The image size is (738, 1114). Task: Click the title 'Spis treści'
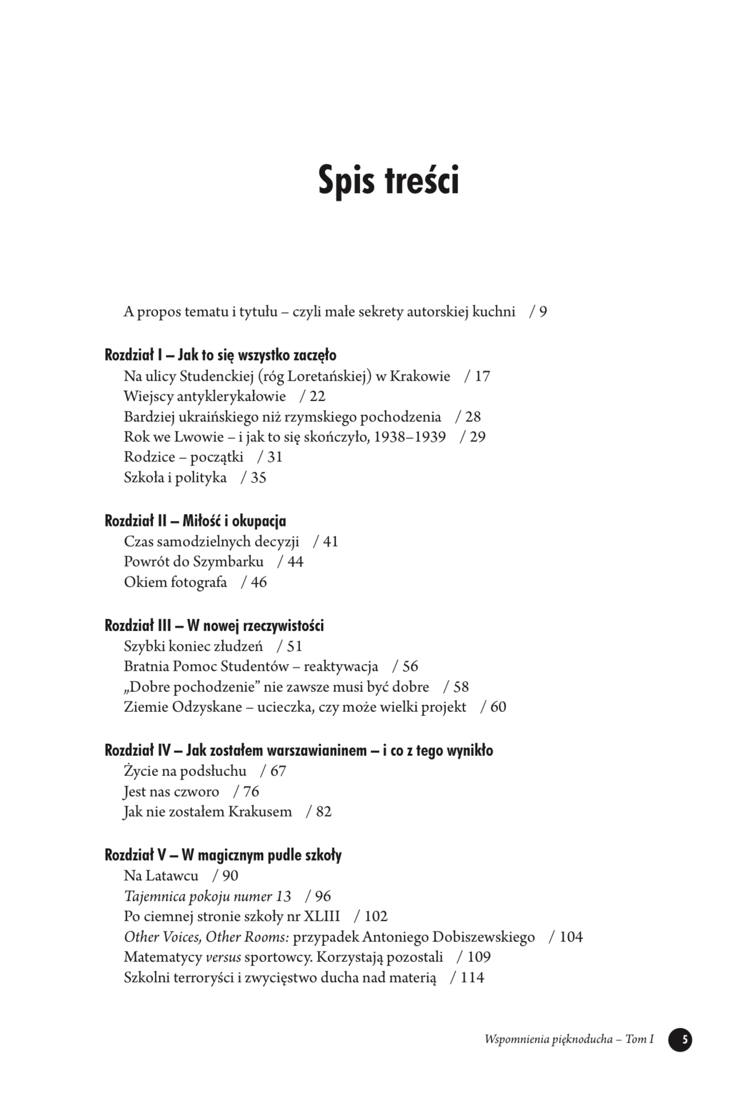point(388,180)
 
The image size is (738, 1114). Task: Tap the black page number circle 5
point(680,1039)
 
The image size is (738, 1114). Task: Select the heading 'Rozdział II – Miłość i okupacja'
point(195,521)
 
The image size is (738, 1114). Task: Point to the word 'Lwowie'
point(199,437)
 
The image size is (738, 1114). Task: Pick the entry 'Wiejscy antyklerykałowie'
point(204,396)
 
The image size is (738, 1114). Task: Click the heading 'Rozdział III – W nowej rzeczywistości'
point(214,625)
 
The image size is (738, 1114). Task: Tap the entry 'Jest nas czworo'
point(171,791)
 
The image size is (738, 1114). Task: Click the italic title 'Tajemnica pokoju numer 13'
point(207,896)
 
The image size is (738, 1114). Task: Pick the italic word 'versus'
point(223,957)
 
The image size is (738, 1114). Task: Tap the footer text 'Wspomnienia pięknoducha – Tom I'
point(569,1039)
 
